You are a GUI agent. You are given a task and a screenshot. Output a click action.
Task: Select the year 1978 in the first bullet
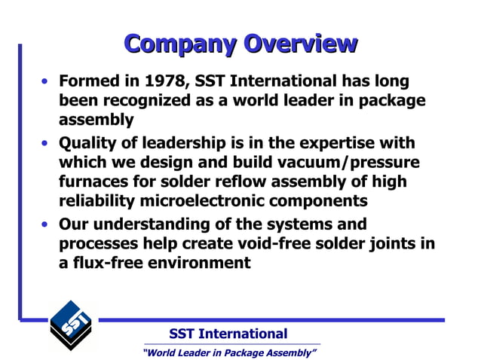click(x=166, y=81)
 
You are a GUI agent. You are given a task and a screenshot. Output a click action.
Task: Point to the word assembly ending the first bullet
click(x=96, y=119)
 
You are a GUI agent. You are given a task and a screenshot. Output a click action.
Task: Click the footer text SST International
click(x=228, y=334)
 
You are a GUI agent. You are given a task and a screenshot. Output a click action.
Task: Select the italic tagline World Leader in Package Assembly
click(x=229, y=352)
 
